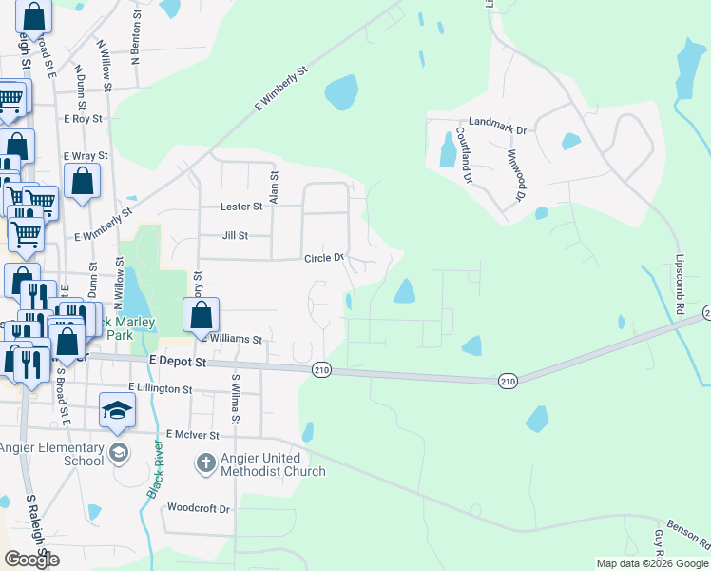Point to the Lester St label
click(x=241, y=206)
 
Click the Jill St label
click(x=234, y=235)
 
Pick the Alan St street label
click(x=274, y=182)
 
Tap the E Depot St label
click(x=179, y=362)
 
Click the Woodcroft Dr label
click(x=199, y=508)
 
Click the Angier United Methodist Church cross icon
click(x=205, y=463)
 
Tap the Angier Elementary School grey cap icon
click(x=117, y=450)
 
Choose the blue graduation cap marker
click(x=117, y=409)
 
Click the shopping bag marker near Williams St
click(x=202, y=316)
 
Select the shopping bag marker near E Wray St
click(x=83, y=181)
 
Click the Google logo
click(x=31, y=560)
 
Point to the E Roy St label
click(x=82, y=119)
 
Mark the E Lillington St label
click(x=161, y=389)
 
